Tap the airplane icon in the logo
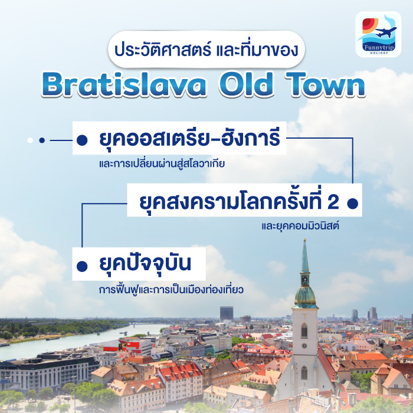[x=386, y=31]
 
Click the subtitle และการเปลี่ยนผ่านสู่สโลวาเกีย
[x=162, y=164]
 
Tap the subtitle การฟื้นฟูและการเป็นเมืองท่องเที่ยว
[x=172, y=290]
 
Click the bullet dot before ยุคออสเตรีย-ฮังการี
[x=82, y=140]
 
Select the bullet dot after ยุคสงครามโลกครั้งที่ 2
[x=352, y=203]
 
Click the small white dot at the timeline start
[x=29, y=140]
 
